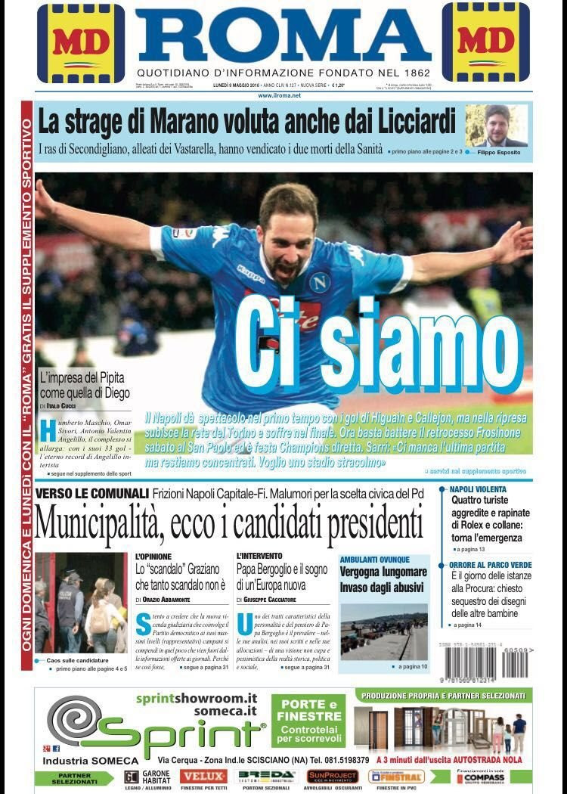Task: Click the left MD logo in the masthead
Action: click(x=81, y=43)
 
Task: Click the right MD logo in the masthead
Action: click(x=486, y=42)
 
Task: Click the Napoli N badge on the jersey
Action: click(x=321, y=282)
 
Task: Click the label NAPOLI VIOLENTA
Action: click(x=478, y=489)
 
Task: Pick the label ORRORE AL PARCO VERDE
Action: click(x=490, y=564)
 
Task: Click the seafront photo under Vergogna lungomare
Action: click(x=383, y=631)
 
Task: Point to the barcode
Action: click(x=516, y=664)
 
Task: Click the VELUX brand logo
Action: click(x=203, y=777)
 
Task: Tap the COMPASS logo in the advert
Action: click(x=480, y=778)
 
